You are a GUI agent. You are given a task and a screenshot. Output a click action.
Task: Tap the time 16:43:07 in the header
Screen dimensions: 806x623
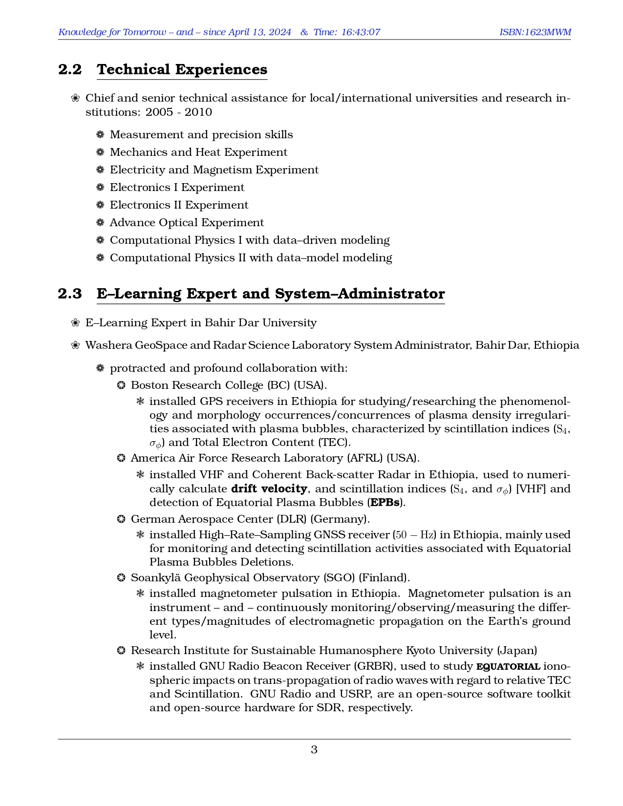pyautogui.click(x=361, y=32)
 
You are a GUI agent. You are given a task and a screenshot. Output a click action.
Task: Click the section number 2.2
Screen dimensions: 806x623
pyautogui.click(x=70, y=69)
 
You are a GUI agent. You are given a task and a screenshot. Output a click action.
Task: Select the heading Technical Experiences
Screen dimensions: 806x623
pyautogui.click(x=182, y=69)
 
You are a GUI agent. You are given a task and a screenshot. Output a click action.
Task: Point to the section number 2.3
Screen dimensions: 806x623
pyautogui.click(x=70, y=294)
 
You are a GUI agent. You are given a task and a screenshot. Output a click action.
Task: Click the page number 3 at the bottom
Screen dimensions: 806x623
pyautogui.click(x=314, y=749)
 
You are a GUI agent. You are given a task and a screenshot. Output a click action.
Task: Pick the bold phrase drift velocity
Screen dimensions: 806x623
pyautogui.click(x=269, y=488)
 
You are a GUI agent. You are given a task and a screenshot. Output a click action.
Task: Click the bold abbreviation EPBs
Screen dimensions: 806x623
pyautogui.click(x=385, y=502)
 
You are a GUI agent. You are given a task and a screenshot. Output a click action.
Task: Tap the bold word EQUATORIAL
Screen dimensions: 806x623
pyautogui.click(x=508, y=666)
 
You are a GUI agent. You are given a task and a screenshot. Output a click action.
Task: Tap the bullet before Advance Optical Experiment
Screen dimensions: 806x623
pyautogui.click(x=100, y=223)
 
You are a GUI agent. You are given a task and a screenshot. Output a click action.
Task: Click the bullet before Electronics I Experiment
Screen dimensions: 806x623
pyautogui.click(x=100, y=188)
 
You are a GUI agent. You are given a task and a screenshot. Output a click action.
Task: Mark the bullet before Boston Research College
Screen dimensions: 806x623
pyautogui.click(x=121, y=385)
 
